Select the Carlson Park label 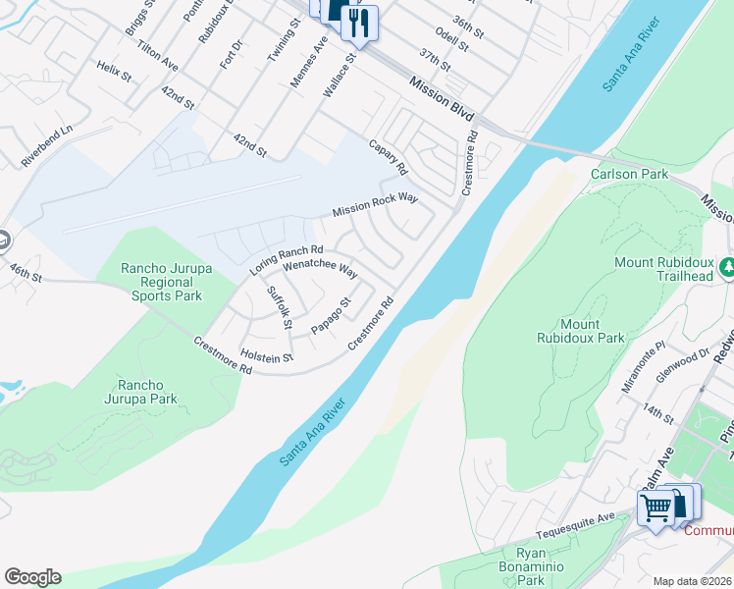(x=629, y=174)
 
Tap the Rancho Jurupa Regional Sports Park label (x=160, y=282)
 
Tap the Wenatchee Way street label (x=319, y=265)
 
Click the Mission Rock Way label (x=375, y=205)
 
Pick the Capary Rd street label (x=387, y=156)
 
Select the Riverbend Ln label (x=47, y=145)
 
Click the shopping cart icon (x=655, y=508)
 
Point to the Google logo (x=32, y=577)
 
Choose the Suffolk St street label (x=280, y=307)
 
